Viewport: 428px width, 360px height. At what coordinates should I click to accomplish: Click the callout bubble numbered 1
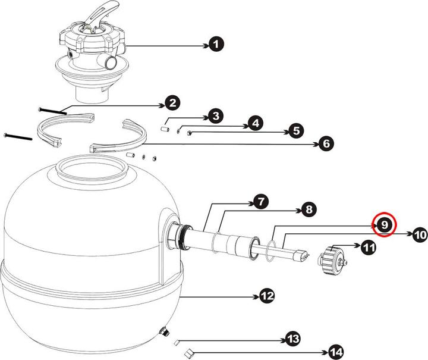(217, 45)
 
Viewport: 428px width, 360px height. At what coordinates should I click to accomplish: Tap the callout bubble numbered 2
(172, 104)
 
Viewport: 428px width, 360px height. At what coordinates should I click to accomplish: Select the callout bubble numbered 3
(216, 115)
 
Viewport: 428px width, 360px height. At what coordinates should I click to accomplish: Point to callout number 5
(295, 131)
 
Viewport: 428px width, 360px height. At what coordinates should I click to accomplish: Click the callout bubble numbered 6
(326, 143)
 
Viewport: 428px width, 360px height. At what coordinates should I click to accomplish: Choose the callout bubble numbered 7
(260, 202)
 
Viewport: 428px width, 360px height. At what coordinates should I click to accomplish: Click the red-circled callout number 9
(385, 224)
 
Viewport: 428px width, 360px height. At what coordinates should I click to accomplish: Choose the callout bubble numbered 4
(254, 123)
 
